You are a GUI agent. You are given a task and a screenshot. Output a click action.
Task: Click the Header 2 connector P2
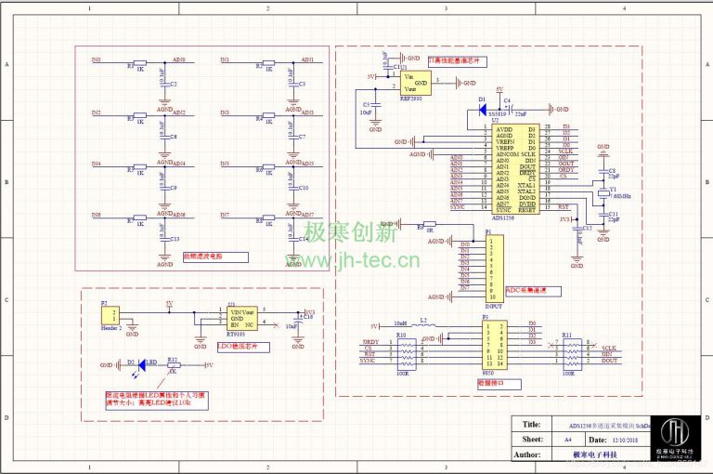(x=114, y=317)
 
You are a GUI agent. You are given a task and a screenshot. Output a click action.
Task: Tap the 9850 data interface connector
(x=493, y=346)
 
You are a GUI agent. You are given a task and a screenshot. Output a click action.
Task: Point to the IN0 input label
(x=96, y=60)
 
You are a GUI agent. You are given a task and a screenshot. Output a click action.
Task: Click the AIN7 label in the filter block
(x=308, y=215)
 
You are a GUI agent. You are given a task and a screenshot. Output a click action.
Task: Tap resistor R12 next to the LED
(x=174, y=365)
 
